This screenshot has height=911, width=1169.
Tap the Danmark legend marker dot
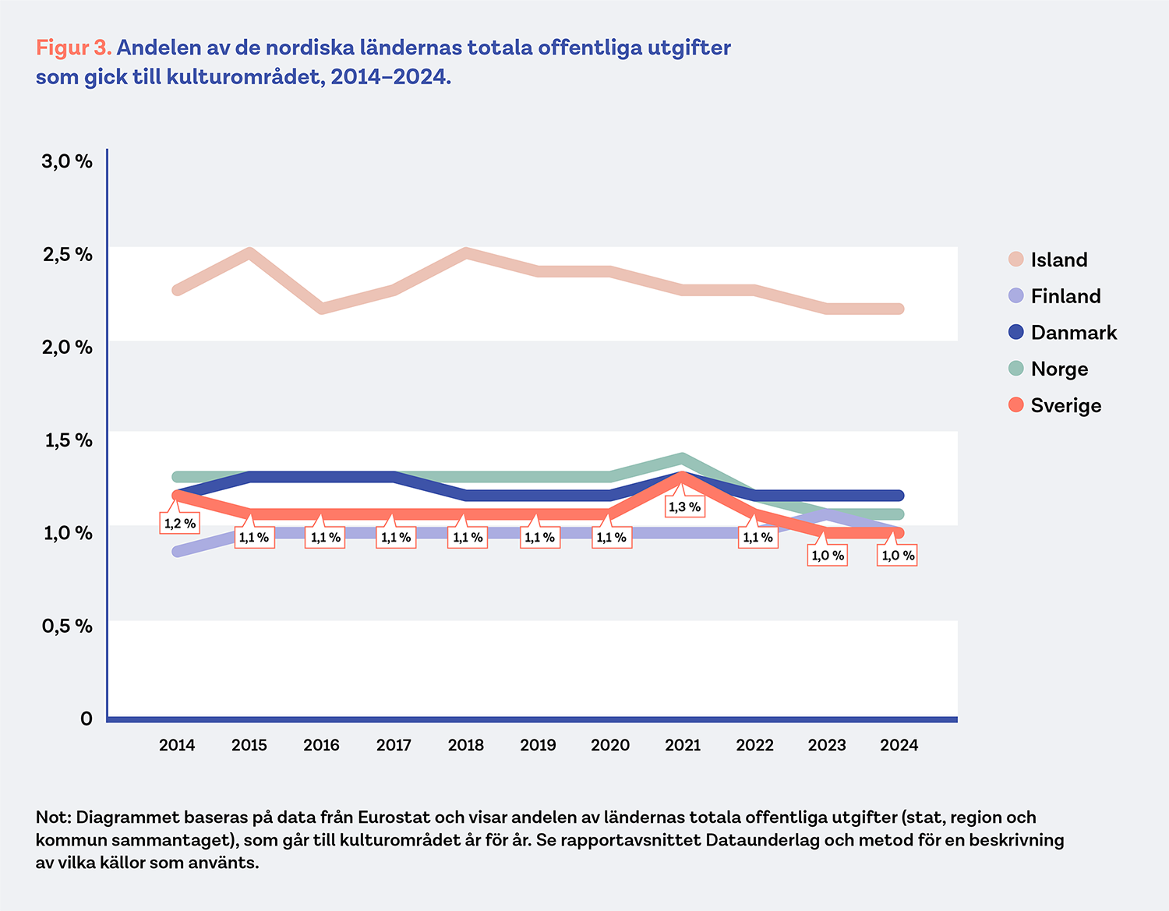1015,332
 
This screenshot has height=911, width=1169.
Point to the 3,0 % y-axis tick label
67,161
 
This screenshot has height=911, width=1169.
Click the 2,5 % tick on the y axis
67,254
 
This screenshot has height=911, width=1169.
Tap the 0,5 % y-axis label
67,626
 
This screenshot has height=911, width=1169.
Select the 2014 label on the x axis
177,745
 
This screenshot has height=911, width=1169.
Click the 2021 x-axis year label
683,745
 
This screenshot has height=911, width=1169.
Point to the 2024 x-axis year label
899,745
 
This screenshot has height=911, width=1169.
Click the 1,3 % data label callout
684,507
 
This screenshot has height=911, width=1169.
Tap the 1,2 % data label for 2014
179,523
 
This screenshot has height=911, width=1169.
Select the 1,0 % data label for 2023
828,556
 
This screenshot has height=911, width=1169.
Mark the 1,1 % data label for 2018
468,538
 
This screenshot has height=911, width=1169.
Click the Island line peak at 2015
249,253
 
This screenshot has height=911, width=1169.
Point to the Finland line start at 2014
178,552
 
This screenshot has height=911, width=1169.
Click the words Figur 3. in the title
74,48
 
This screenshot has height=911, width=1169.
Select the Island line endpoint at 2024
899,309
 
